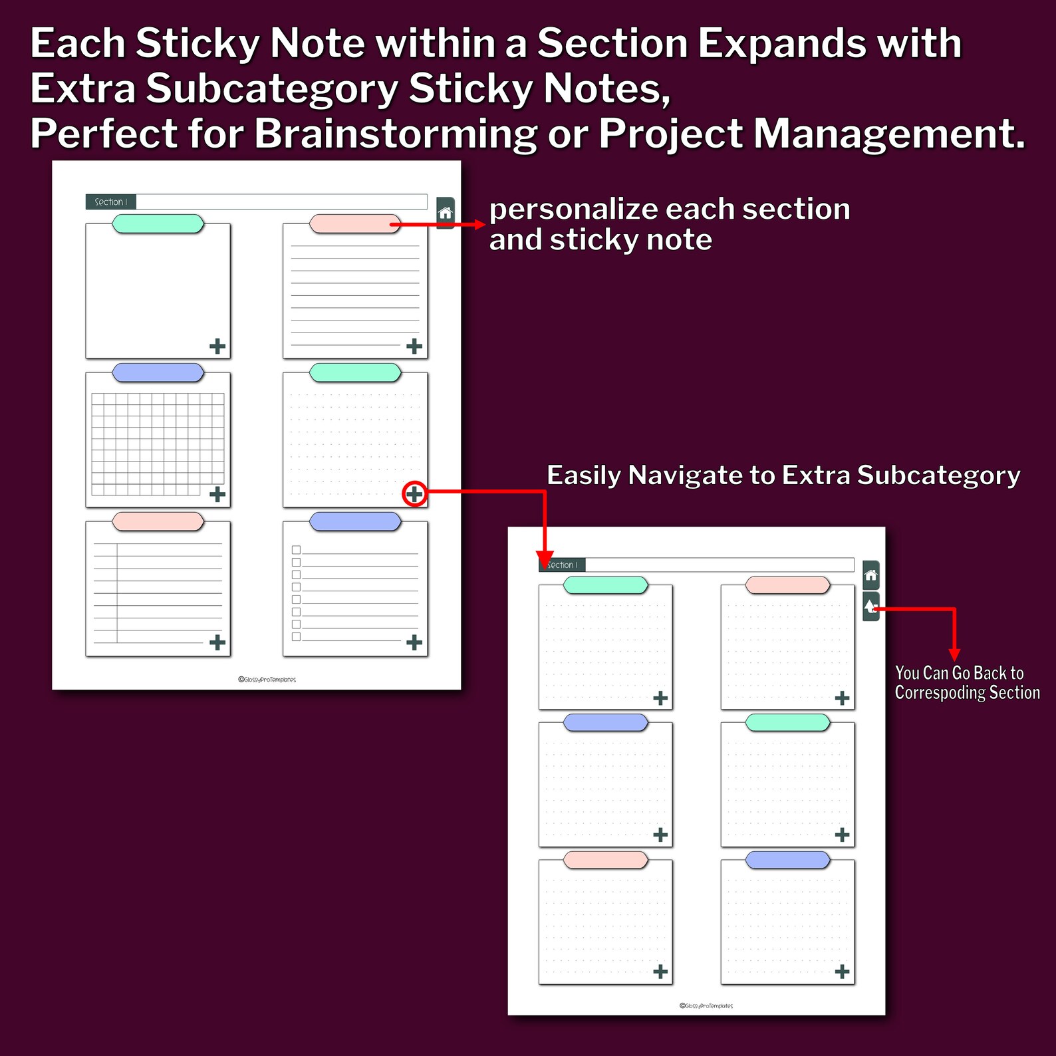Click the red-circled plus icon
(x=414, y=494)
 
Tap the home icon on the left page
(x=446, y=213)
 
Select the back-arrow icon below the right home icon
(x=870, y=606)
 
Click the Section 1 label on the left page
(x=110, y=201)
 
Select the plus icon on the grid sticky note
(x=217, y=494)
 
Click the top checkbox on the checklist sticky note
(x=296, y=550)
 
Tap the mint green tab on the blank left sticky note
(x=158, y=224)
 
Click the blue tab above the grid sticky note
(x=158, y=372)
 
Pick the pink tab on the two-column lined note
(x=158, y=521)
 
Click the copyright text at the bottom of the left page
(x=267, y=680)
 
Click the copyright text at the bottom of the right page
(x=706, y=1006)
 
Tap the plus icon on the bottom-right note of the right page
(x=842, y=972)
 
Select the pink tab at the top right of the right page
(x=787, y=585)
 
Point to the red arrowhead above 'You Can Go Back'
(x=954, y=654)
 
